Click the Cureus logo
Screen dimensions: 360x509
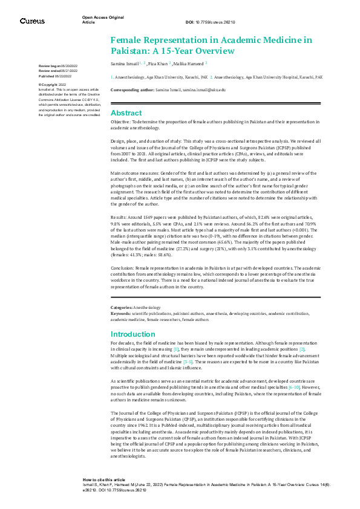click(x=32, y=21)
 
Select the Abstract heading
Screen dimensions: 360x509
click(x=126, y=113)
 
